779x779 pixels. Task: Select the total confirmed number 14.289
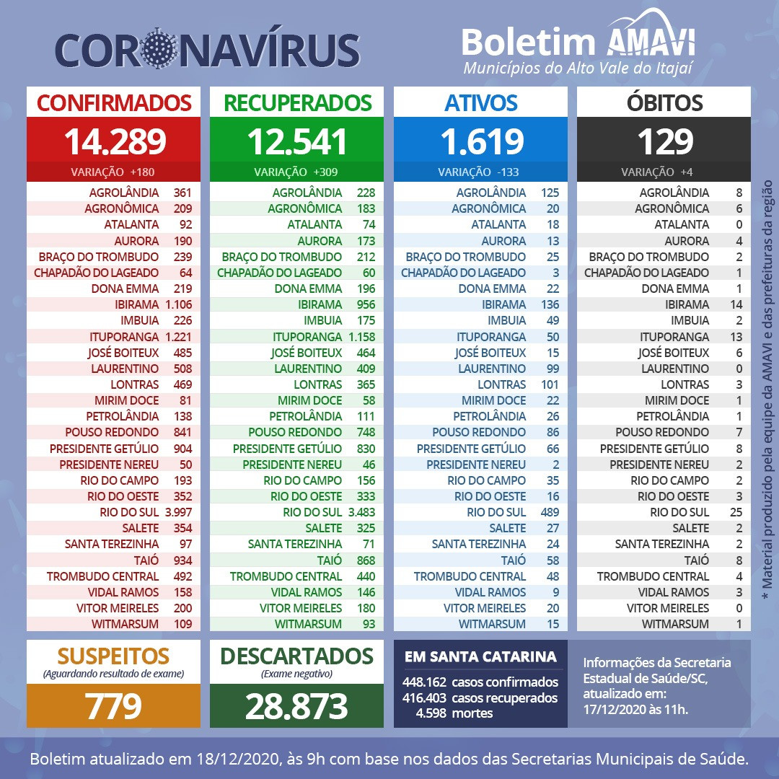114,141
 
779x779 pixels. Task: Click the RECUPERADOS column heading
297,102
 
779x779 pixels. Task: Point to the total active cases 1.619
481,141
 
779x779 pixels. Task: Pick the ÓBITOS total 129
664,141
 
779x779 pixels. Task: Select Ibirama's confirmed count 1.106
178,304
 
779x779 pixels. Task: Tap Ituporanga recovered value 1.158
361,336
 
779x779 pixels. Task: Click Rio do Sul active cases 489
550,512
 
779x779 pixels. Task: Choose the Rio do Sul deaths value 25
736,512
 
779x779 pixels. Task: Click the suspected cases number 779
113,706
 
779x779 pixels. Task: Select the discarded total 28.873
296,706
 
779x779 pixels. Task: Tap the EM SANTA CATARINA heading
480,656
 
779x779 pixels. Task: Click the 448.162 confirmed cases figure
426,682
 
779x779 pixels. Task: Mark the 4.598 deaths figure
431,713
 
